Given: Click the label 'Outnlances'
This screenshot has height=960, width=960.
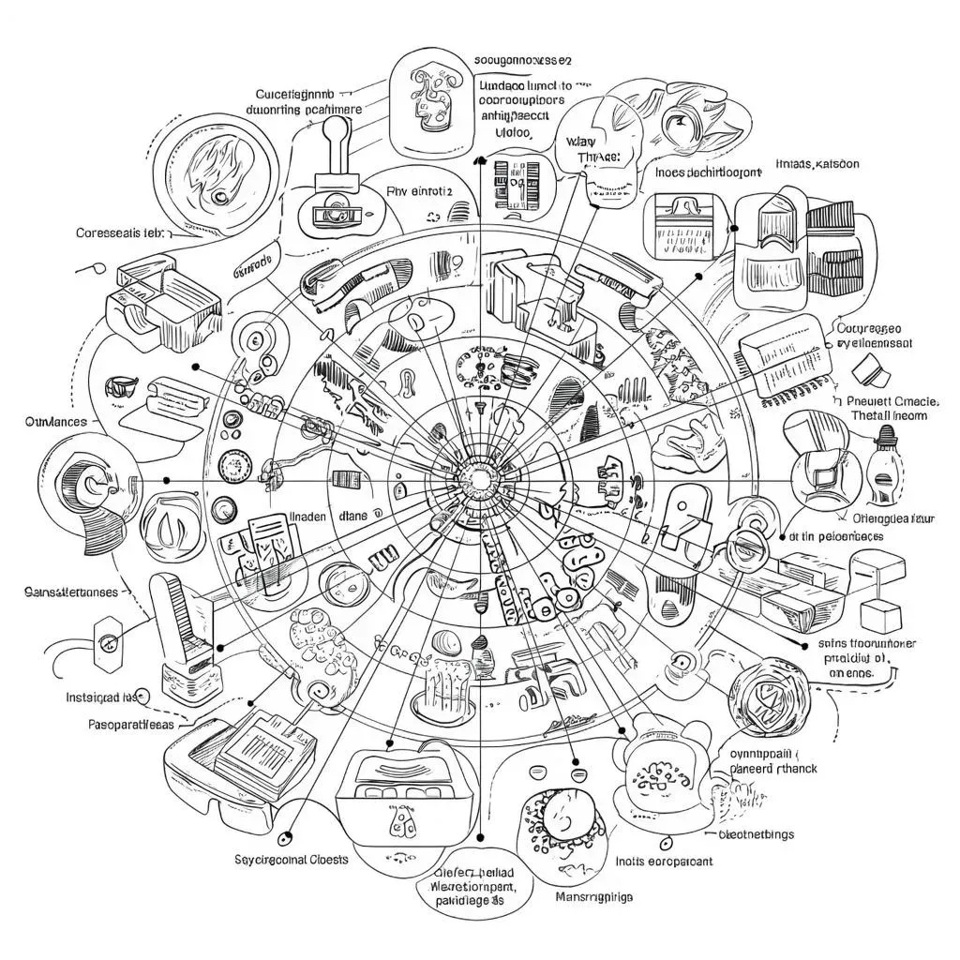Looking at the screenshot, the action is pyautogui.click(x=55, y=422).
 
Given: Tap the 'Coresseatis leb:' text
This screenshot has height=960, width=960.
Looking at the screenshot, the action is pyautogui.click(x=122, y=232).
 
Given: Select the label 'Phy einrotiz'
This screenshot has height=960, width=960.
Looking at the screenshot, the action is pyautogui.click(x=419, y=191).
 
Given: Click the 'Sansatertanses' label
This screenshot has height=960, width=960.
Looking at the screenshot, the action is pyautogui.click(x=69, y=592).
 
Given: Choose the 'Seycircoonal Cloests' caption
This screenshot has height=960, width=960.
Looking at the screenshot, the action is pyautogui.click(x=289, y=859).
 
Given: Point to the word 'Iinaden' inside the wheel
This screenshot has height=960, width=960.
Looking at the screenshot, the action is pyautogui.click(x=309, y=515).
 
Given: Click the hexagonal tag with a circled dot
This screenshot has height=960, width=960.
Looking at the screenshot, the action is pyautogui.click(x=109, y=642).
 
